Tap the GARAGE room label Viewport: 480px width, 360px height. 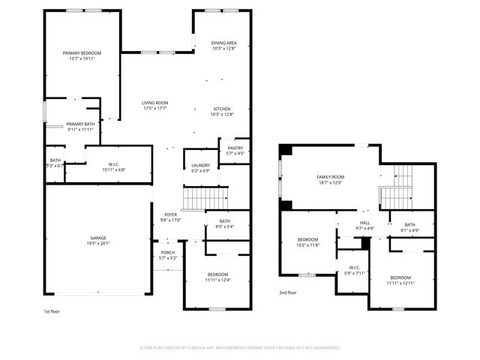coord(98,238)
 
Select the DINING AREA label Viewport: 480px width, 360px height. coord(223,43)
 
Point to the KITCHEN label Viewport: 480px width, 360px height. coord(221,109)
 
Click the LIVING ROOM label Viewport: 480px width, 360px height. coord(155,103)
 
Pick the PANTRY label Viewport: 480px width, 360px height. coord(235,148)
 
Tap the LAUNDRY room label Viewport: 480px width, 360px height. coord(200,165)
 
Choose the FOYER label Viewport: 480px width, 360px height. coord(171,214)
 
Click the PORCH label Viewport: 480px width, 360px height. coord(167,252)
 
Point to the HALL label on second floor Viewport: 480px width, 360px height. coord(364,223)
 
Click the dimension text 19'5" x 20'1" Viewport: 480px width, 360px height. coord(98,243)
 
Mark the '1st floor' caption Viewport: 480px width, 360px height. coord(52,309)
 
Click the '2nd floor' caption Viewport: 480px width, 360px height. coord(288,292)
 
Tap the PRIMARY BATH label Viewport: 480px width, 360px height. coord(79,124)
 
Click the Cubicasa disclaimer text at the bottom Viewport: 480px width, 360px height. coord(240,348)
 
